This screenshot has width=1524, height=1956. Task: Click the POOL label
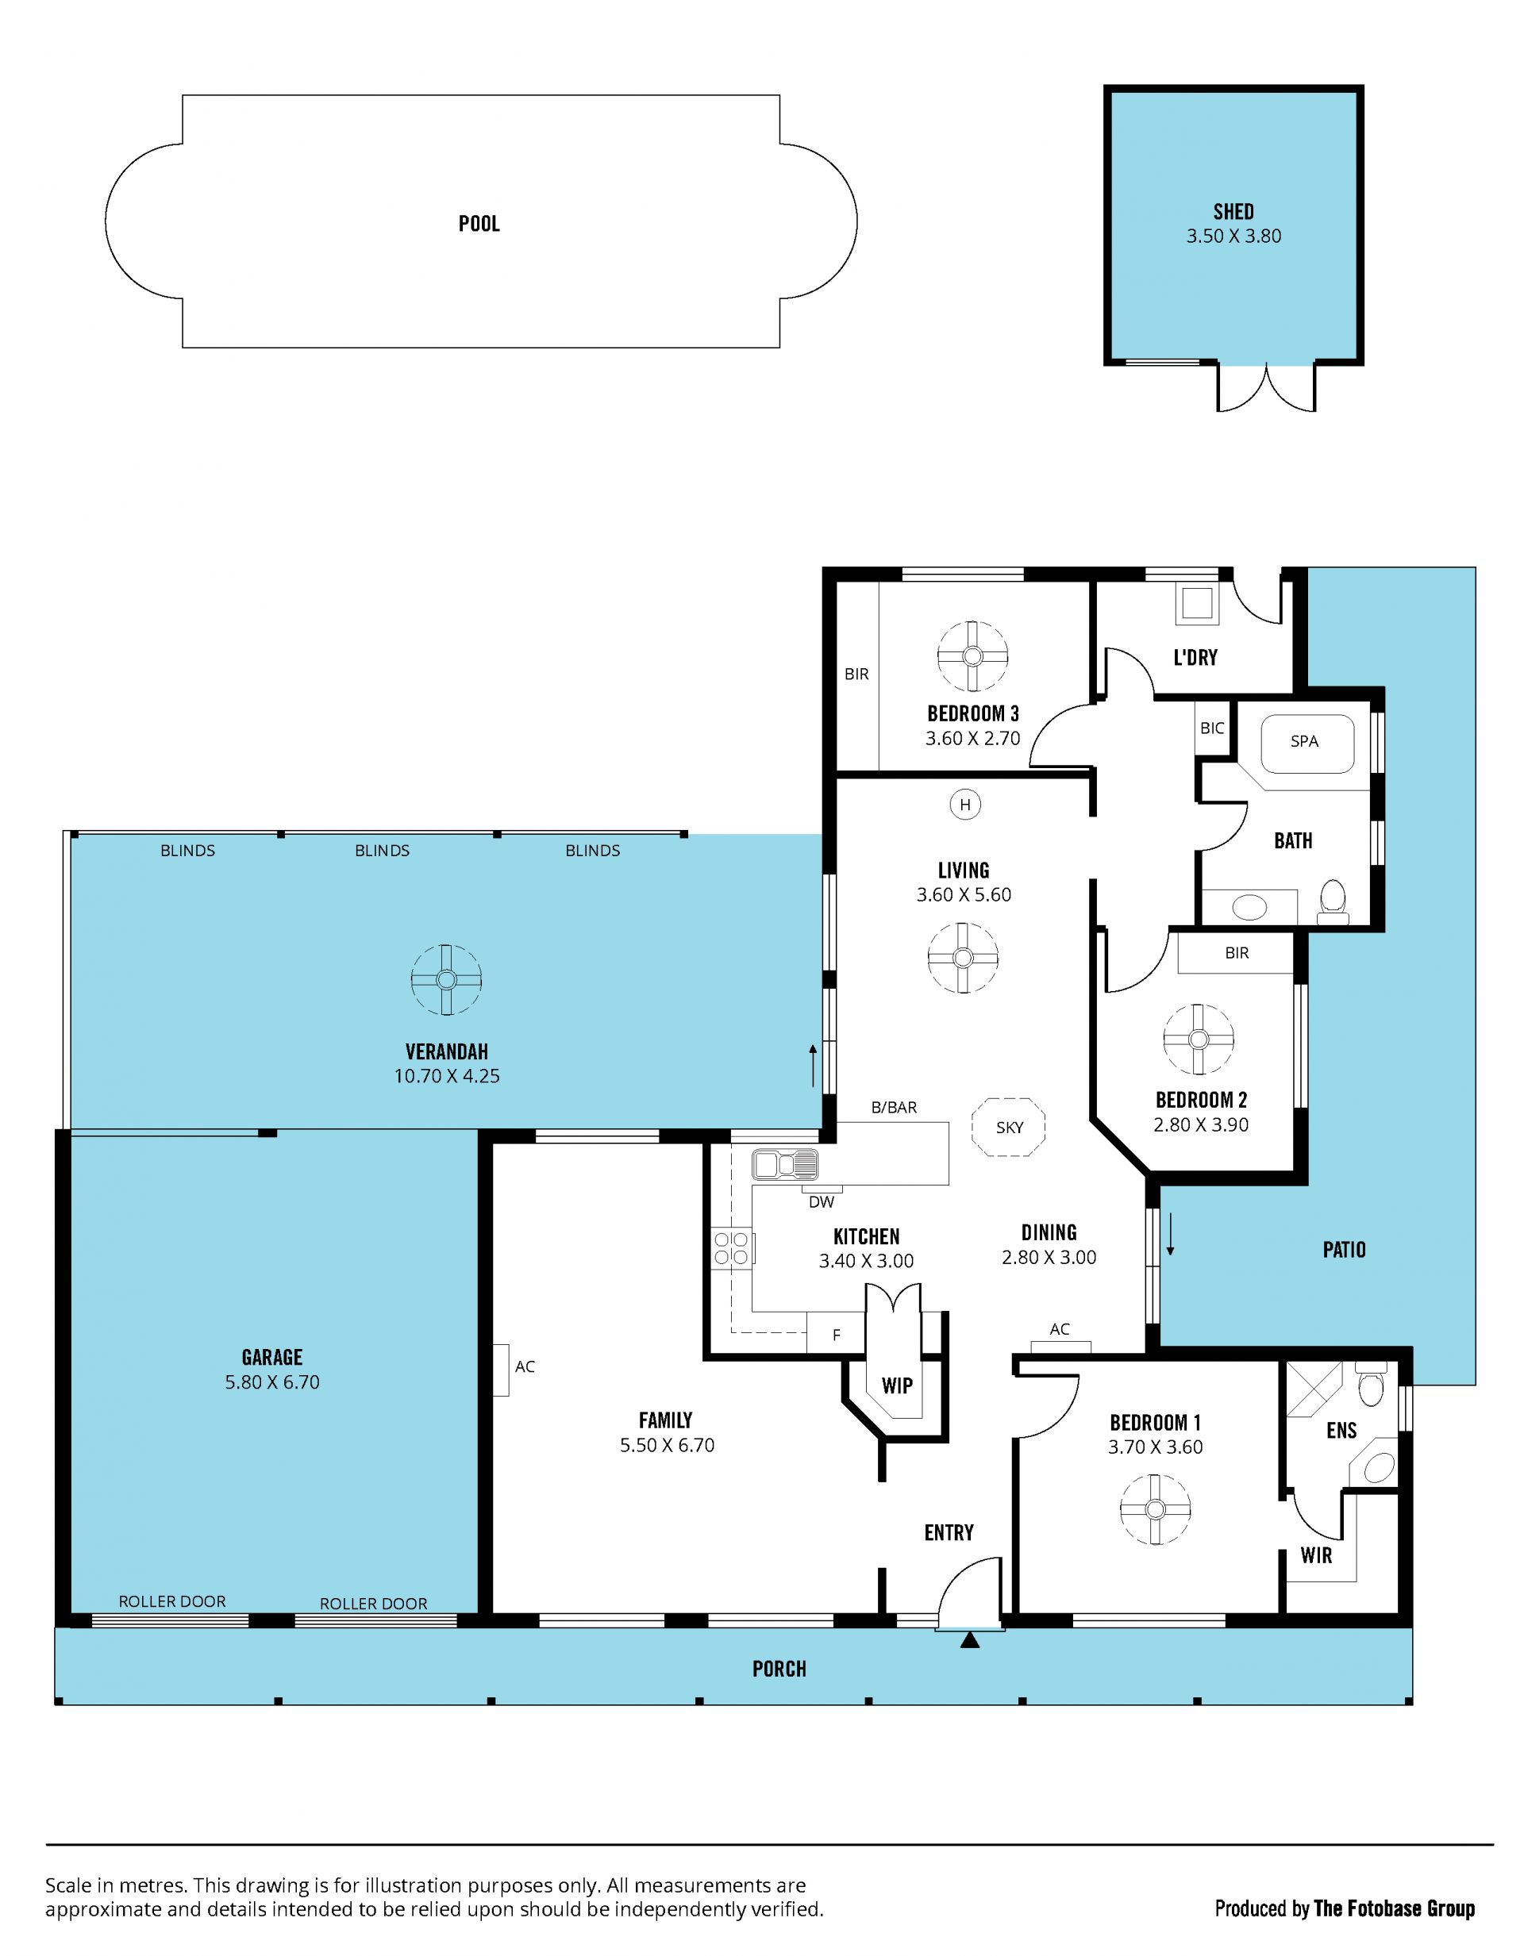[x=479, y=223]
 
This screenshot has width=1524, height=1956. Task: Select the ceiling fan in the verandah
[x=446, y=980]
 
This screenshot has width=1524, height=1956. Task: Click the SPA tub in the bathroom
[x=1307, y=744]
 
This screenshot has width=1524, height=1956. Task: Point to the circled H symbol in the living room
[x=965, y=805]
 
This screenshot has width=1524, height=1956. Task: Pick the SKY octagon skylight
[x=1009, y=1128]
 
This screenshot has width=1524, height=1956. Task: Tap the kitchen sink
[x=785, y=1165]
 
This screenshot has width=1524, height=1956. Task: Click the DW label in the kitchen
[x=821, y=1203]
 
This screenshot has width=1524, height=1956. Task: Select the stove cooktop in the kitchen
[x=732, y=1248]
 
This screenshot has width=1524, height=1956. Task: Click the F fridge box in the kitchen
[x=836, y=1335]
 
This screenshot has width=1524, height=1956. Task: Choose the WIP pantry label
[x=897, y=1385]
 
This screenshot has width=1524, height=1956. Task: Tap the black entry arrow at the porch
[x=969, y=1641]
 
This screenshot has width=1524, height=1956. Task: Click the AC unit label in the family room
[x=524, y=1366]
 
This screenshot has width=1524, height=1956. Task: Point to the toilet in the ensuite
[x=1371, y=1386]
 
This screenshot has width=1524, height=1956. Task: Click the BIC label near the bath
[x=1211, y=728]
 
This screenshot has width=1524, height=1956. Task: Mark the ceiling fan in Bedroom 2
[x=1198, y=1039]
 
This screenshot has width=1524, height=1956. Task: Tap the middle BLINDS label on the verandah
[x=382, y=850]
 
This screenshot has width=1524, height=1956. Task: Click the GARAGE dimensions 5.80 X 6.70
[x=271, y=1382]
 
